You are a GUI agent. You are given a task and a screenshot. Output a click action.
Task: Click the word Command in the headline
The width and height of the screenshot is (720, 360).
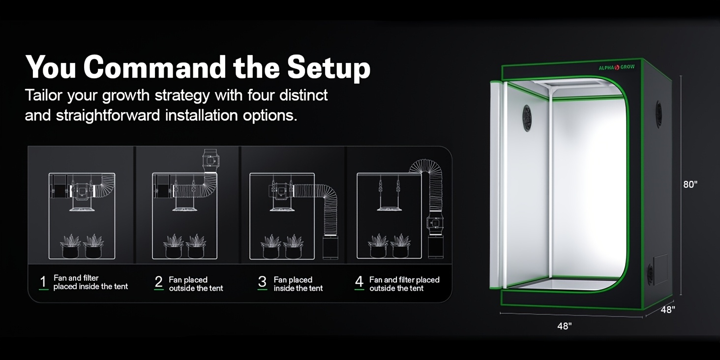[x=155, y=67]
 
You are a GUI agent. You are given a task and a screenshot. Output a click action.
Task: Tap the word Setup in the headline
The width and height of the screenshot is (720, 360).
[x=329, y=69]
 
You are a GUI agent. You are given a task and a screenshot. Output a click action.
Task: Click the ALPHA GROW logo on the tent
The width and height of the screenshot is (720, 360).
[x=617, y=67]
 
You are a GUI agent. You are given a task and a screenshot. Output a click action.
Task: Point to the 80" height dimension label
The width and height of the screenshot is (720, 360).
[x=690, y=184]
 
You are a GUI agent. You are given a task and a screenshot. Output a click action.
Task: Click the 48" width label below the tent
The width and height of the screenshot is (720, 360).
[x=565, y=326]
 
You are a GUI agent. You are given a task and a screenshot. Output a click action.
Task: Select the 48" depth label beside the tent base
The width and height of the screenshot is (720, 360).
[x=667, y=309]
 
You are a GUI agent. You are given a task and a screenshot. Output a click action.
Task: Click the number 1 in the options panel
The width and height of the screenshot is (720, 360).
[x=43, y=282]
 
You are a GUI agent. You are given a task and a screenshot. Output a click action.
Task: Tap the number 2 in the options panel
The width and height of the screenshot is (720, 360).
[x=158, y=282]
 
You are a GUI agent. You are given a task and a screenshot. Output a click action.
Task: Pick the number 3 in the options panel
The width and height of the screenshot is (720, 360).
[x=262, y=282]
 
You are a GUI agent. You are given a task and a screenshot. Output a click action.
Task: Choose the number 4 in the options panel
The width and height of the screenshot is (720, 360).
[x=359, y=282]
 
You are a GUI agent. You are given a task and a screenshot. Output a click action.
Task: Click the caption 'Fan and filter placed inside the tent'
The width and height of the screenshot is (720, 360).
[x=90, y=282]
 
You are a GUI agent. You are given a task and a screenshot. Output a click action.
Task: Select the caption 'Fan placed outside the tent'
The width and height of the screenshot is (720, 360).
[x=196, y=284]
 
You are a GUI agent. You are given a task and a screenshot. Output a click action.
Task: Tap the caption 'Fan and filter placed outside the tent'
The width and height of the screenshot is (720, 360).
[x=404, y=284]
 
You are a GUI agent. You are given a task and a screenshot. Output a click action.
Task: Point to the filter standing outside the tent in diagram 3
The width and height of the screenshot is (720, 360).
[x=330, y=246]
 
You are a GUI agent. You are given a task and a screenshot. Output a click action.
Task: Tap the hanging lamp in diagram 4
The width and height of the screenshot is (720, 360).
[x=389, y=209]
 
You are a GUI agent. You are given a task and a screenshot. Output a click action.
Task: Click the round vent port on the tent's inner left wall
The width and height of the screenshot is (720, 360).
[x=527, y=118]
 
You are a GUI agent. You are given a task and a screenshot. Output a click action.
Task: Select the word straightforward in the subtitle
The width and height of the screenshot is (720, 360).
[x=108, y=116]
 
